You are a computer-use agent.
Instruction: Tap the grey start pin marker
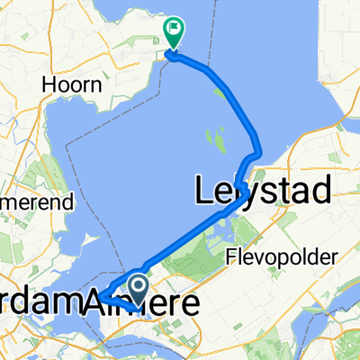coord(139,290)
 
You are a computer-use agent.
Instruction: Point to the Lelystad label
coord(262,190)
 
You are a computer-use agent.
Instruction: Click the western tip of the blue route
coord(102,296)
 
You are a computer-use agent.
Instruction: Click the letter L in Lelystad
coord(202,190)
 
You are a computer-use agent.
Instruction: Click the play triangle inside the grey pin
coord(139,287)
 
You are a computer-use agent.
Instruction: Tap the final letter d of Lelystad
coord(322,190)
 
